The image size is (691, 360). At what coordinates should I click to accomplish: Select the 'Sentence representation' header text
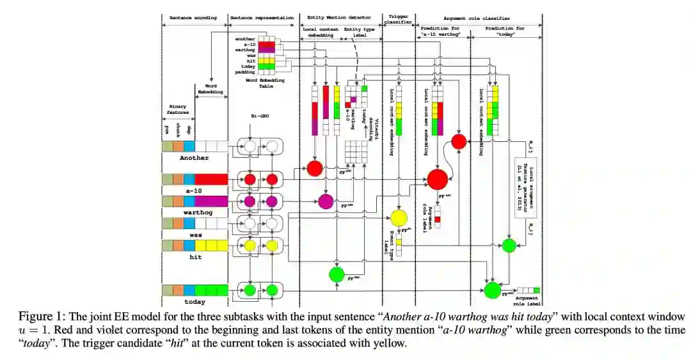pos(261,17)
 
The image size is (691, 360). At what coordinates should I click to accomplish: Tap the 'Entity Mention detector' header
pos(340,17)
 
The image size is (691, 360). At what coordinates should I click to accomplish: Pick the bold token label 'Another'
pos(195,157)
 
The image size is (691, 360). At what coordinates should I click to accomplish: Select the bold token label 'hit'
pos(195,257)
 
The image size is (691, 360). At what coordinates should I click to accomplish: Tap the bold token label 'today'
pos(195,301)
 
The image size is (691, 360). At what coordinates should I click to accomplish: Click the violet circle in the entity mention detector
pos(326,202)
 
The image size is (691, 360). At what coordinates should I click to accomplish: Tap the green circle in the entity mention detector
pos(337,275)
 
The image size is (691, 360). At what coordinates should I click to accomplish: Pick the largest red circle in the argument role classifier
pos(438,180)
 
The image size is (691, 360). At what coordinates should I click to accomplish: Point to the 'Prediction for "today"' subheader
pos(505,32)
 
